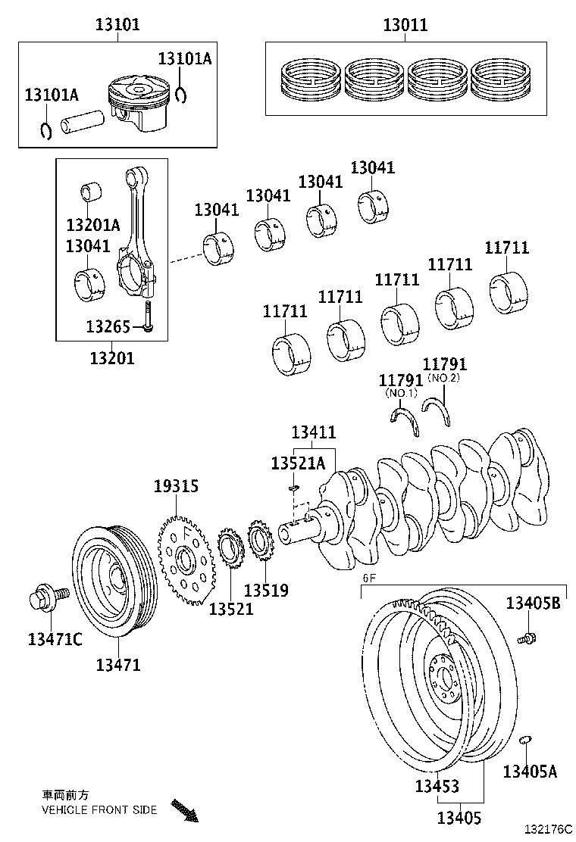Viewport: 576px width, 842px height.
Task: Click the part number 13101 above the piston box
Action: pyautogui.click(x=117, y=25)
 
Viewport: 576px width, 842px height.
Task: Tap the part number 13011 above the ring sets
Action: pyautogui.click(x=405, y=25)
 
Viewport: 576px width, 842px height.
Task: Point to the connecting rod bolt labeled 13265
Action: pyautogui.click(x=148, y=316)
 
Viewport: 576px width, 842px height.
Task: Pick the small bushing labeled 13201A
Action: pyautogui.click(x=92, y=192)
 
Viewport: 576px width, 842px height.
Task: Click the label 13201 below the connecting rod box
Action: pyautogui.click(x=112, y=358)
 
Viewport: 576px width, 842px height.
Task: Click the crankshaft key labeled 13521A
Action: pyautogui.click(x=294, y=488)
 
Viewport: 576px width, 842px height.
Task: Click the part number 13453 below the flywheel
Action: pyautogui.click(x=437, y=786)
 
